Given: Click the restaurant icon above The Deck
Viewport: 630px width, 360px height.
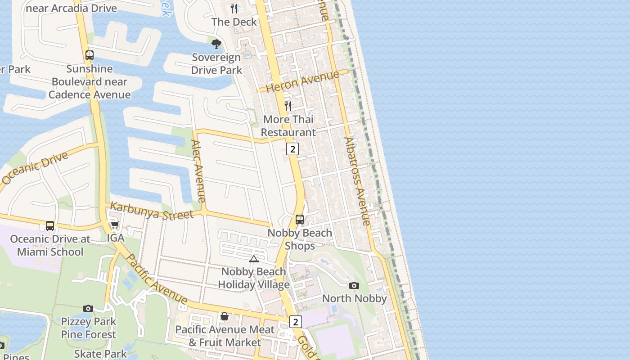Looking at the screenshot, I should tap(234, 9).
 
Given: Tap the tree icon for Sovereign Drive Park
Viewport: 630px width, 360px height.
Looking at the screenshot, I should tap(216, 44).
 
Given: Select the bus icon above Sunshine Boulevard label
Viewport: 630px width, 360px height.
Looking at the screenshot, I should tap(90, 55).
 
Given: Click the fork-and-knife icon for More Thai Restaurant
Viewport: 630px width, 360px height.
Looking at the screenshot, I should tap(288, 106).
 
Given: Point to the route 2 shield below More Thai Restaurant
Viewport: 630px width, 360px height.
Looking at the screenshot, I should tap(292, 149).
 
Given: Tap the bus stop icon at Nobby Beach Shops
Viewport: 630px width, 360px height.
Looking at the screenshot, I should tap(300, 220).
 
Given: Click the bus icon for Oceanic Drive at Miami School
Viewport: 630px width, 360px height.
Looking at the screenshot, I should tap(50, 226).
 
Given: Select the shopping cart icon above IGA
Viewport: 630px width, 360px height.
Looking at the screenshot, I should tap(115, 225).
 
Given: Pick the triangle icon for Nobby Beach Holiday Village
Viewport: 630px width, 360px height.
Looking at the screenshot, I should tap(254, 259).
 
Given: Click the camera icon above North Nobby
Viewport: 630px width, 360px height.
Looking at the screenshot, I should tap(354, 285).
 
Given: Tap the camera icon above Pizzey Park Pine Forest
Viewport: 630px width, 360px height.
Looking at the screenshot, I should tap(88, 308).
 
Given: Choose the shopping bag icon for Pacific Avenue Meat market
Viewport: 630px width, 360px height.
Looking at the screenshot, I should tap(225, 316).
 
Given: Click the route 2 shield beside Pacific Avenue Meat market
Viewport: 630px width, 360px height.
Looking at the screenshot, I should tap(295, 322).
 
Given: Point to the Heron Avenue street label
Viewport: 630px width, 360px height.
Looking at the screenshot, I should tap(302, 81).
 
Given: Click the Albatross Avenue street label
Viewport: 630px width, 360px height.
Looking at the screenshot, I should tap(357, 181).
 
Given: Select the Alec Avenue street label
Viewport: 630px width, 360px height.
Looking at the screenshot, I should tap(198, 171).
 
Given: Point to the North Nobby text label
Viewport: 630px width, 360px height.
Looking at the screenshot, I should tap(355, 298).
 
